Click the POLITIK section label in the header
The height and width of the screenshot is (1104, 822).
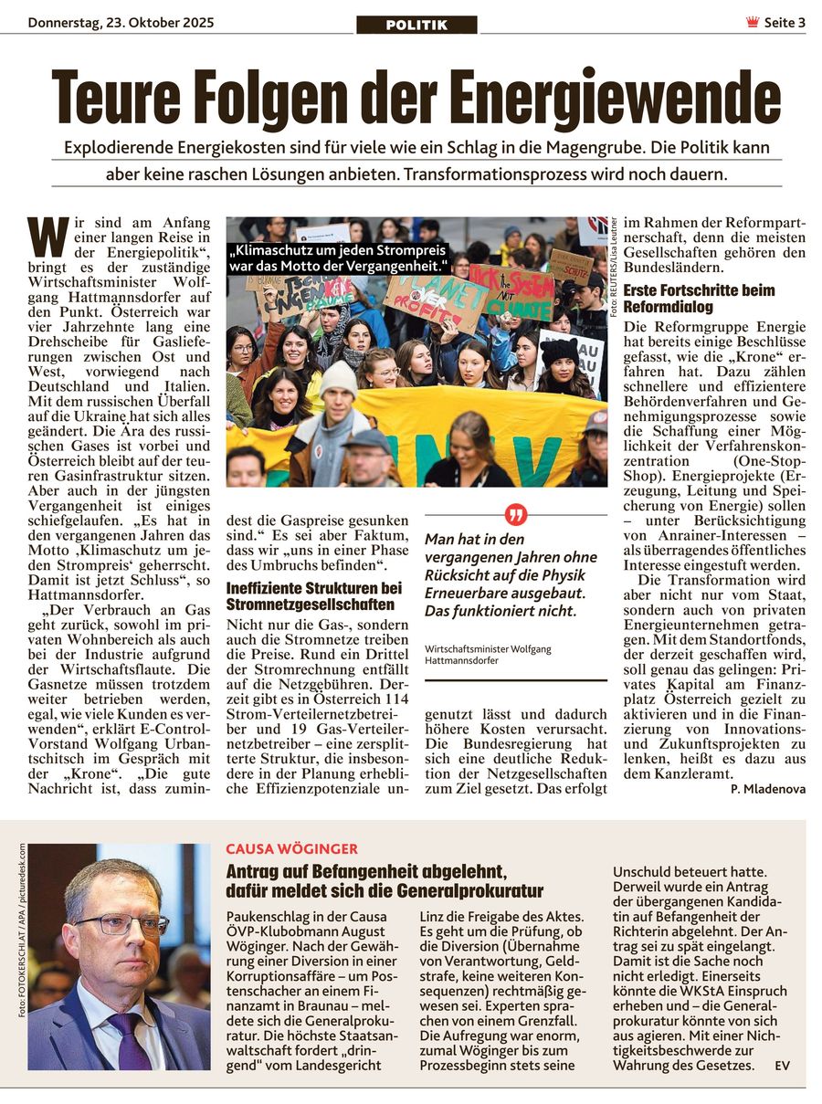click(x=416, y=25)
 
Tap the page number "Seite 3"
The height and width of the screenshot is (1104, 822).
click(x=785, y=23)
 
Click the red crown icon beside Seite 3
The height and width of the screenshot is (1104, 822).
click(x=753, y=23)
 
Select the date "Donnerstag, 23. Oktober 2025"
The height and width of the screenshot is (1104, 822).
click(x=121, y=23)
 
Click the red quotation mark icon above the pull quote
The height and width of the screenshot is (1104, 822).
click(x=515, y=515)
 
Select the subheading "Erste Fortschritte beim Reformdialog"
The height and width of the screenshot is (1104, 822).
click(x=700, y=299)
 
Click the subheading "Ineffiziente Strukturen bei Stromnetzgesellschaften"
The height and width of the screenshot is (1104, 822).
click(x=314, y=596)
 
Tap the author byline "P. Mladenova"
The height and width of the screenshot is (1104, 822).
click(x=768, y=789)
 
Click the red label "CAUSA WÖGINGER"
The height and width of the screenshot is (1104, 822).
click(x=279, y=849)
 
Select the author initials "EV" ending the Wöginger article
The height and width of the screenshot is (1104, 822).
click(x=782, y=1066)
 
